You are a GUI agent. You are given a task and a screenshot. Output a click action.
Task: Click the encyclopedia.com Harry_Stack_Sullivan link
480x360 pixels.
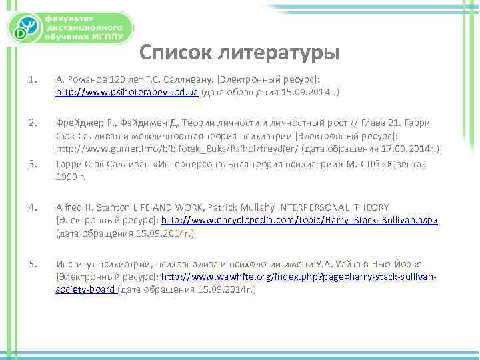299,221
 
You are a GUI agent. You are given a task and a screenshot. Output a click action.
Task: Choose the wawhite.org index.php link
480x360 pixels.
299,277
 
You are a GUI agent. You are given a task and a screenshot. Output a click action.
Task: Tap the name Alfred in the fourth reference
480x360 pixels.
68,208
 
